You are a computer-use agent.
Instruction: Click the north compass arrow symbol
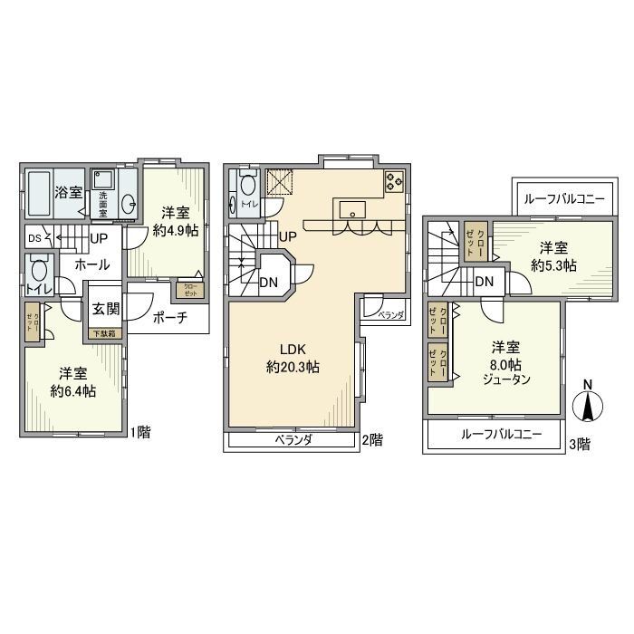tap(588, 405)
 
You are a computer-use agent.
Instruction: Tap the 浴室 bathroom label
tap(68, 192)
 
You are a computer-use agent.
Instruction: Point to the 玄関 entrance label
tap(106, 309)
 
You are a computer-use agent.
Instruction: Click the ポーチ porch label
tap(170, 318)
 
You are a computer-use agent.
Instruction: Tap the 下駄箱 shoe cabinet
tap(105, 333)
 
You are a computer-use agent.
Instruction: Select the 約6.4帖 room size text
tap(73, 391)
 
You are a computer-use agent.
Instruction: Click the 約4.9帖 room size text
tap(176, 230)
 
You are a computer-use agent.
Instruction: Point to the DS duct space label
tap(34, 238)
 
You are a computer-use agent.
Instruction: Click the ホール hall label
tap(92, 265)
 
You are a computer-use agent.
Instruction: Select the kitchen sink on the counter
tap(352, 209)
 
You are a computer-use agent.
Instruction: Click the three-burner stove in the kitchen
tap(394, 181)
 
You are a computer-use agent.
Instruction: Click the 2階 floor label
tap(372, 441)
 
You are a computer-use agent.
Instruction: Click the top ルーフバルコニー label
tap(558, 197)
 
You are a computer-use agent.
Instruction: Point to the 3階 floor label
tap(579, 444)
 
